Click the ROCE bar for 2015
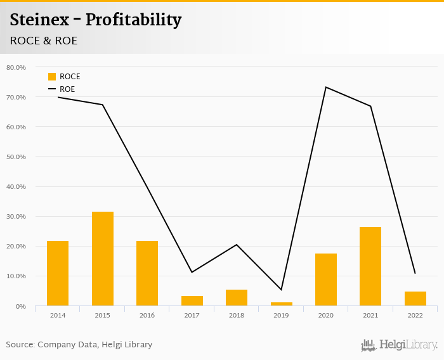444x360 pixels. (103, 259)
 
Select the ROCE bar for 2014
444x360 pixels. (58, 273)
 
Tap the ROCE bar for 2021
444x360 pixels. (370, 266)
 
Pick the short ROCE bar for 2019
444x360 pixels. (281, 304)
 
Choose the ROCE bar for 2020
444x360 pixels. (326, 280)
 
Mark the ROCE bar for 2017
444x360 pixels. (192, 301)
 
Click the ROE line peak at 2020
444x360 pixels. (326, 87)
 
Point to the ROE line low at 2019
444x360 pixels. (281, 290)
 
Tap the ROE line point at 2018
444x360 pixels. (237, 245)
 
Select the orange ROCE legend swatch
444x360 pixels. (52, 77)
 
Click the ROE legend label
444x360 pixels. (67, 89)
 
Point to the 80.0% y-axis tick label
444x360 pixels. (16, 67)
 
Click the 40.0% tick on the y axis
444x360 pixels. (16, 187)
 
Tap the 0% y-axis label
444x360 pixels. (20, 306)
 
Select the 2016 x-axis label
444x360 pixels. (147, 314)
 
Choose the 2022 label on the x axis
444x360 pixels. (415, 314)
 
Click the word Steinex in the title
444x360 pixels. (41, 20)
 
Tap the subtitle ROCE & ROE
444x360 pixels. (44, 41)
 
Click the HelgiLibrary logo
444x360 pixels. (400, 345)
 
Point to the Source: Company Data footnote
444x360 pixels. (79, 345)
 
